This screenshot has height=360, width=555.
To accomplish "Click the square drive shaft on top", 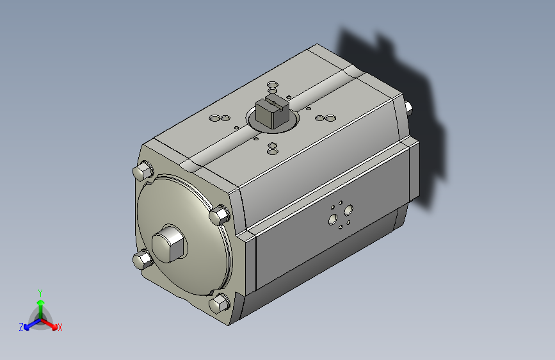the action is click(x=272, y=111).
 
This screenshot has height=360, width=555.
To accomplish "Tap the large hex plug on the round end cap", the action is click(x=169, y=244).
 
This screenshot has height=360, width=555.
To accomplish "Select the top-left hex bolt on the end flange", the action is click(x=143, y=170).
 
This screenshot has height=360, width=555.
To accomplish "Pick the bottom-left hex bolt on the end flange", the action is click(x=143, y=259).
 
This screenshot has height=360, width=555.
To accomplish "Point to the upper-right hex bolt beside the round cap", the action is click(x=220, y=215).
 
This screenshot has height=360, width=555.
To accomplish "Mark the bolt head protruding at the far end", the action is click(x=408, y=108).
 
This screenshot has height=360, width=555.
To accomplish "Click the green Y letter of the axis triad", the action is click(x=40, y=293).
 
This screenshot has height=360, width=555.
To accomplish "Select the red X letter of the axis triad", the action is click(x=60, y=327).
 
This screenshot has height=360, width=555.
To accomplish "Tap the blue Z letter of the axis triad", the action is click(x=21, y=327).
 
